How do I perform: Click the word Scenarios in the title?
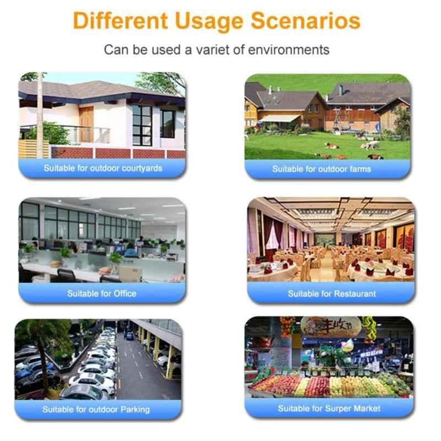(305, 20)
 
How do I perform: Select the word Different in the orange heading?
(120, 20)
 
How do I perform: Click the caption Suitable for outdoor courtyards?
(103, 168)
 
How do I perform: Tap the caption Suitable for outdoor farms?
(321, 169)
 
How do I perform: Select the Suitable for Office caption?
(102, 294)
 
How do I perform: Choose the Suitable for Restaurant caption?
(332, 294)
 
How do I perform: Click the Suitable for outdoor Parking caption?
(96, 409)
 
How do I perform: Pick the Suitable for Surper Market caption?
(329, 408)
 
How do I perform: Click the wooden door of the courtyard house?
(86, 124)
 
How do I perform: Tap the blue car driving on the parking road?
(129, 336)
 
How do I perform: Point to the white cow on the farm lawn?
(370, 145)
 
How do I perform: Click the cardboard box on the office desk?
(130, 273)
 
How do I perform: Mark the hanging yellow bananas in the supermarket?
(369, 329)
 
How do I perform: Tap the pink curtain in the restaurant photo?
(272, 236)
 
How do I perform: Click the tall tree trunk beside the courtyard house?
(40, 115)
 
